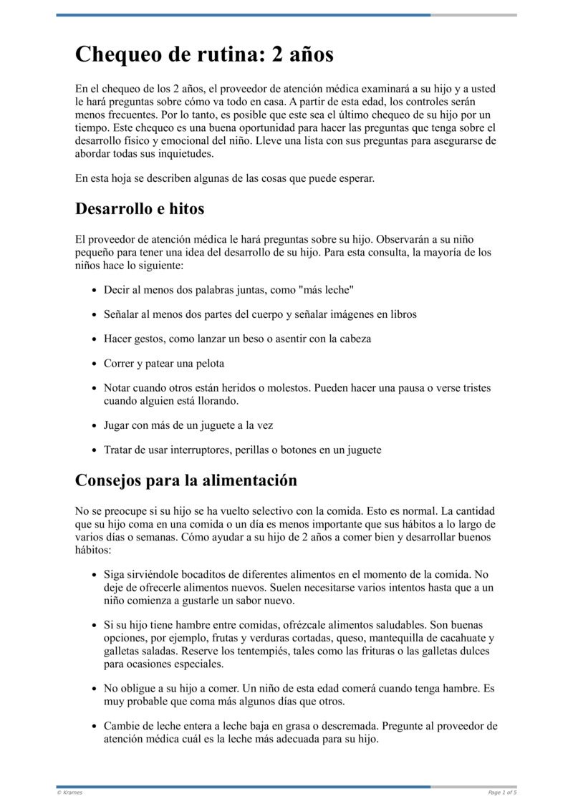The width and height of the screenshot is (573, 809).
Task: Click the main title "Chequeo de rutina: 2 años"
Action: (204, 54)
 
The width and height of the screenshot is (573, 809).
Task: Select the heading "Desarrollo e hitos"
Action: (140, 208)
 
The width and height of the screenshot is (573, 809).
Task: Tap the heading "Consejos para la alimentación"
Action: (186, 480)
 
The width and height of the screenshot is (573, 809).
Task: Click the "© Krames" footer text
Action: (69, 792)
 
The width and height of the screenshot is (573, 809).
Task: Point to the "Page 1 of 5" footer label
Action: (502, 792)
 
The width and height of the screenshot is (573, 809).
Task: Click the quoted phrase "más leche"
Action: (327, 289)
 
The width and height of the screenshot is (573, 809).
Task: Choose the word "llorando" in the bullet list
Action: (196, 401)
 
